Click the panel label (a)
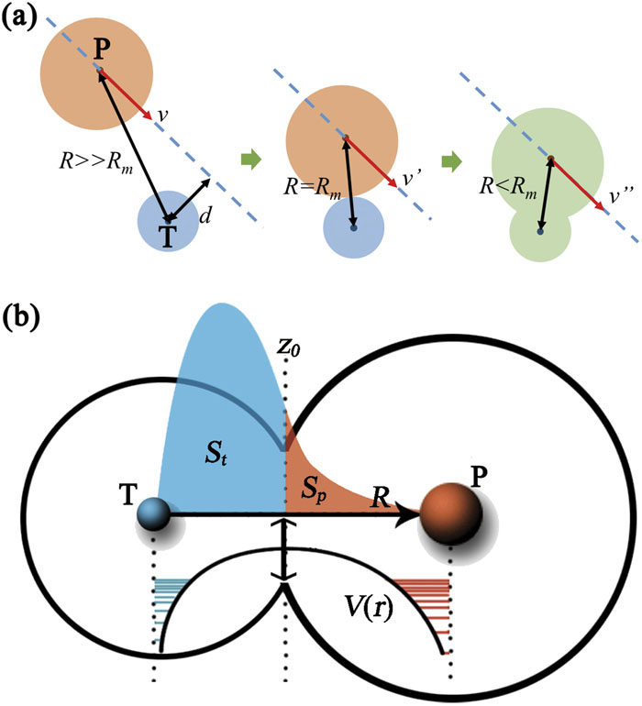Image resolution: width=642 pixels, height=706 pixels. tap(20, 17)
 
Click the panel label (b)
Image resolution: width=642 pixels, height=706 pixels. tap(20, 320)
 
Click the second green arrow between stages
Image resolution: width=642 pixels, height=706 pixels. tap(452, 161)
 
